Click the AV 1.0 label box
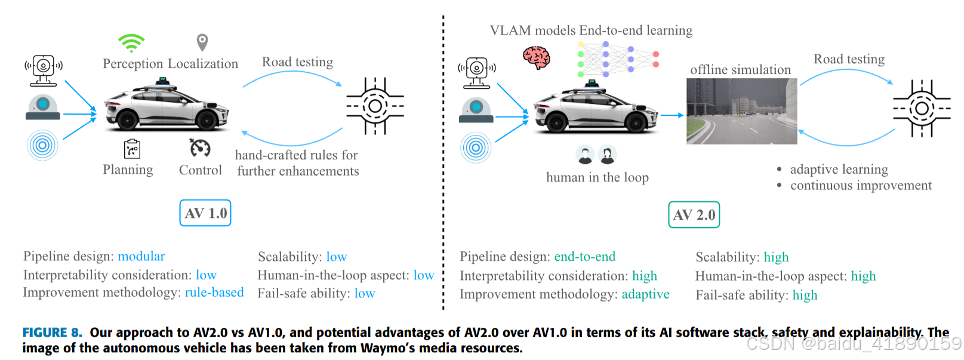tap(205, 213)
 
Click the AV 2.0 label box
tap(694, 215)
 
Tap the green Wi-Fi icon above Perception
tap(131, 43)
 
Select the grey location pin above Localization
tap(202, 42)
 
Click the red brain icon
tap(536, 58)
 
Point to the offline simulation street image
tap(741, 112)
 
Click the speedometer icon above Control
tap(200, 147)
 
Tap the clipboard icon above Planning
tap(132, 149)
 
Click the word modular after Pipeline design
tap(141, 256)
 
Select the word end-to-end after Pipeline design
tap(584, 257)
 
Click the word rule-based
tap(214, 293)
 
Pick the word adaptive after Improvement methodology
tap(645, 294)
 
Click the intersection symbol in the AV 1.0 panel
tap(375, 106)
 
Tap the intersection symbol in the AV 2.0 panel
tap(922, 109)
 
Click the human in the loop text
tap(597, 177)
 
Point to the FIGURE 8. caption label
tap(52, 333)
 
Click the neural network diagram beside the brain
tap(617, 59)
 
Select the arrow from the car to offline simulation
tap(672, 115)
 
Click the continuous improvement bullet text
tap(860, 186)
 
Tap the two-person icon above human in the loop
tap(596, 155)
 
